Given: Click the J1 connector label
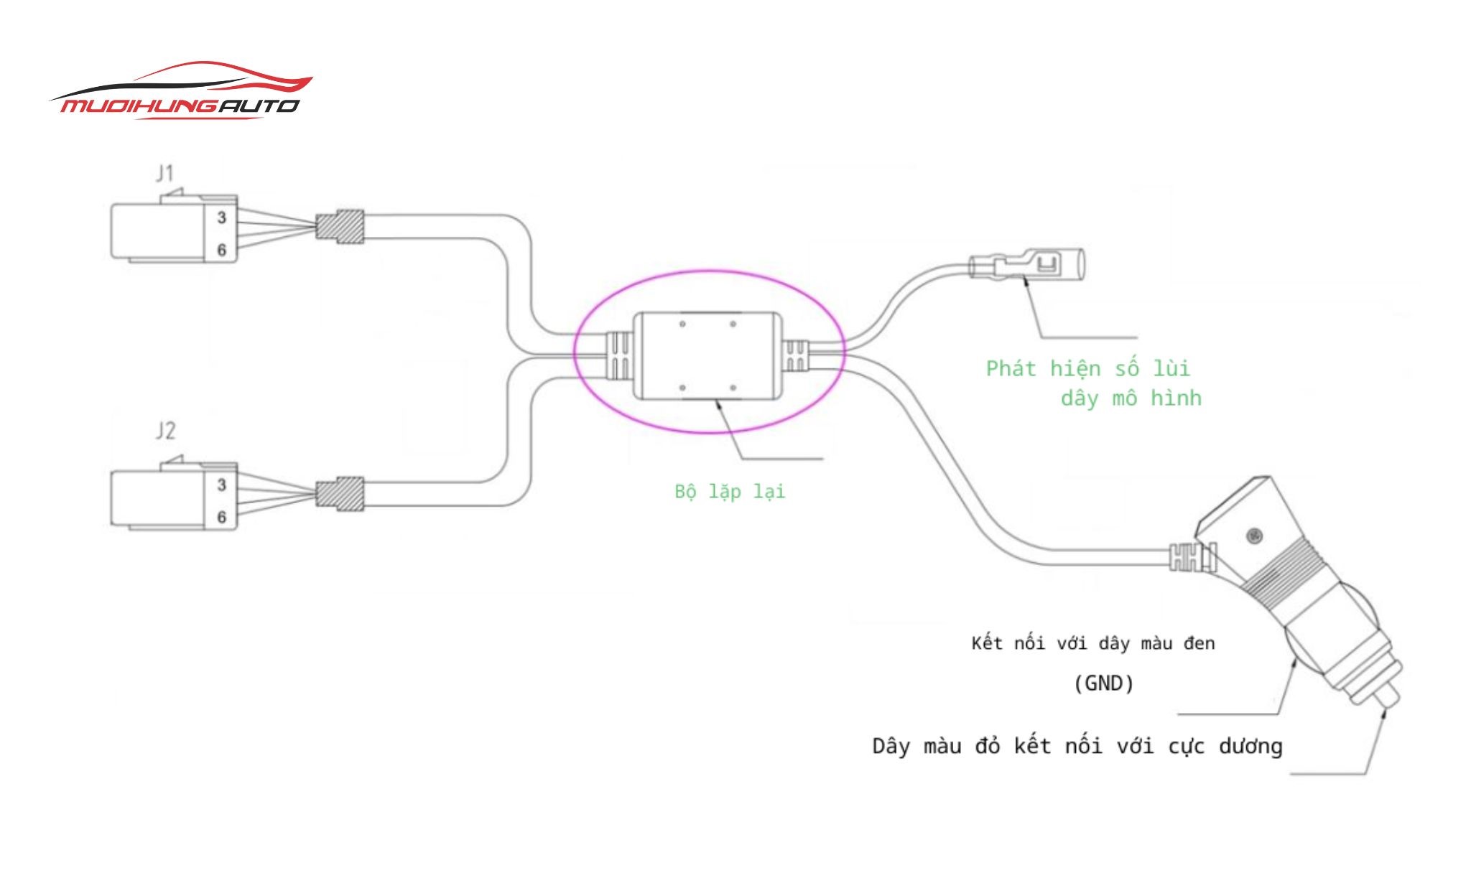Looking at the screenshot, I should coord(165,173).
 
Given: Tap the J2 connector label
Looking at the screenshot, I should coord(165,431).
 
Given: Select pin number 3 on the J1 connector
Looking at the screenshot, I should coord(222,217).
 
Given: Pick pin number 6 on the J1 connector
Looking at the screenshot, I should coord(222,250).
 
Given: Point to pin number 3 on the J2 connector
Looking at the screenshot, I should coord(222,485).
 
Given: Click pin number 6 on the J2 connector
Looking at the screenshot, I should coord(222,517).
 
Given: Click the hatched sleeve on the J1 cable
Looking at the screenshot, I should coord(340,227).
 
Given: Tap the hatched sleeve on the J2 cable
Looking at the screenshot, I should coord(340,494).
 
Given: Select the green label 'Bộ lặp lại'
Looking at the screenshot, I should coord(730,492).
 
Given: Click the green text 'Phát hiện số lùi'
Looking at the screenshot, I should coord(1087,369).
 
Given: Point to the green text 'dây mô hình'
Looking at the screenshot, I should coord(1131,398).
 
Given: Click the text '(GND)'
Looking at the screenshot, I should coord(1103,683).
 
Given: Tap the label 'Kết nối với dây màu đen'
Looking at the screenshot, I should coord(1092,643).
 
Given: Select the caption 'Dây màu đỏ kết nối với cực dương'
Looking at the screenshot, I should coord(1077,747).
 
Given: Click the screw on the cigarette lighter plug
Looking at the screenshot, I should coord(1254,536).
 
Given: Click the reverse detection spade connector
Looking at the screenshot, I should coord(1027,265).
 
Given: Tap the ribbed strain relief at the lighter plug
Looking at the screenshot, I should coord(1189,557).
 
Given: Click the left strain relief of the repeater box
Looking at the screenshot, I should coord(619,355).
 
